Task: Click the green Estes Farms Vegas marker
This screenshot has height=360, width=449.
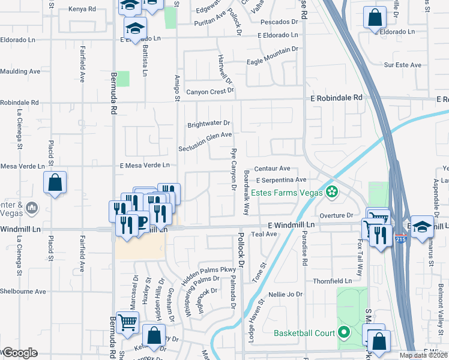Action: point(331,192)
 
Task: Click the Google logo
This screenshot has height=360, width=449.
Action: point(19,353)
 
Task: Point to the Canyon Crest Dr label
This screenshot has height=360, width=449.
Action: point(209,92)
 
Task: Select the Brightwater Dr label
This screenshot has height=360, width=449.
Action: point(209,124)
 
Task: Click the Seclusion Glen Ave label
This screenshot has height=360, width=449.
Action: point(205,142)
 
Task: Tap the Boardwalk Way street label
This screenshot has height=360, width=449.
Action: point(246,193)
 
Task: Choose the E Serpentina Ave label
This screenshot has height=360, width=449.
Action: point(281,179)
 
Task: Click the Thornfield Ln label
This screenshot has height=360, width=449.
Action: point(331,281)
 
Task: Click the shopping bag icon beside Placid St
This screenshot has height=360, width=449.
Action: point(55,184)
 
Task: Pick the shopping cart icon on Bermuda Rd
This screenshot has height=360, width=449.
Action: point(127,323)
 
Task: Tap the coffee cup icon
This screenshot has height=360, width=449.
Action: point(140,223)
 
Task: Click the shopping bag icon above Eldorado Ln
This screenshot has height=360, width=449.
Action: point(375,19)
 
